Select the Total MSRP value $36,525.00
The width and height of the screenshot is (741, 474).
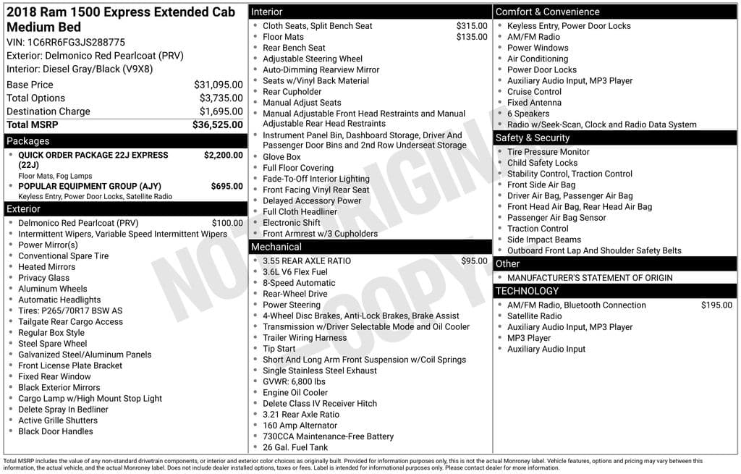(x=217, y=125)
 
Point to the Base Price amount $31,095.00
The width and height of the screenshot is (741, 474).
(x=219, y=85)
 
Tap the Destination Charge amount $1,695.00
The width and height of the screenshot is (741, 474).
(x=221, y=111)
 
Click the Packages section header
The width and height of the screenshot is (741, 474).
(x=28, y=141)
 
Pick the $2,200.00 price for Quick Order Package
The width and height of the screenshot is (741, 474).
(x=223, y=155)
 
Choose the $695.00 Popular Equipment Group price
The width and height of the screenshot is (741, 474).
(x=226, y=186)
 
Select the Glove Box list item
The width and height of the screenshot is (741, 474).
(x=281, y=157)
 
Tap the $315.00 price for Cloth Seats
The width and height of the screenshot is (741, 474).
(x=472, y=26)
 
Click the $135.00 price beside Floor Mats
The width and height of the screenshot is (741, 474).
(x=472, y=37)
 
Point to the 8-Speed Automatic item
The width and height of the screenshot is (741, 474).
(x=299, y=283)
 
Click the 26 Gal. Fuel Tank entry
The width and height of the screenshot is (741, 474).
(x=295, y=447)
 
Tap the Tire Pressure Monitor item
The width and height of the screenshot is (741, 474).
(x=548, y=152)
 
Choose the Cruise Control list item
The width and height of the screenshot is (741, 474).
(x=534, y=92)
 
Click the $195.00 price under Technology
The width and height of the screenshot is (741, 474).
(x=716, y=305)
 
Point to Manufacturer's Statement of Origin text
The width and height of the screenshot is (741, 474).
(x=589, y=278)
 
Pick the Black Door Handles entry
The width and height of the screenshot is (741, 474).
(x=56, y=431)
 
